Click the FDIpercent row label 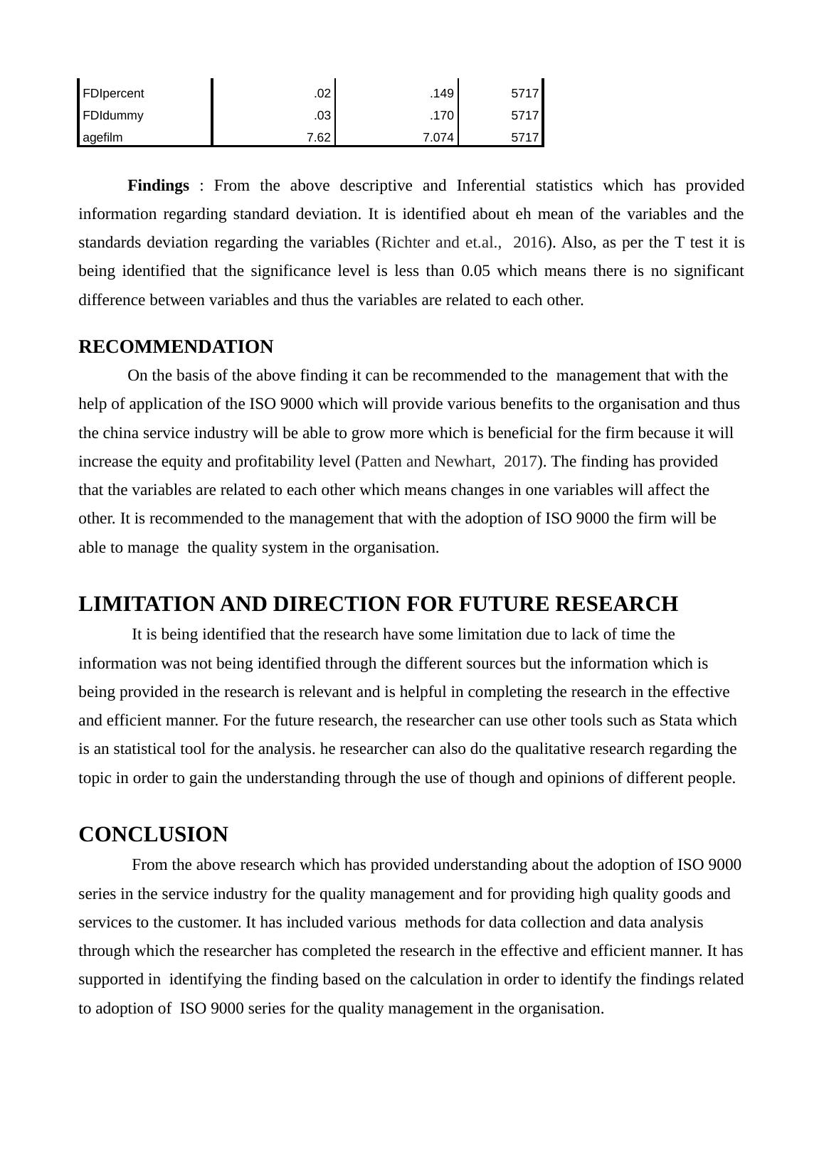point(113,93)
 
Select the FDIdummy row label point(113,115)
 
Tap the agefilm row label point(102,137)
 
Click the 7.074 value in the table point(438,137)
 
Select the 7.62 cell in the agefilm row point(319,137)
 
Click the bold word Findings point(158,186)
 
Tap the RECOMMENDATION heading point(176,347)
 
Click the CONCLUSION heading point(153,834)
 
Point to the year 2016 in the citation point(529,243)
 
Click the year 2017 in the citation point(520,462)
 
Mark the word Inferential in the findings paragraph point(490,186)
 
